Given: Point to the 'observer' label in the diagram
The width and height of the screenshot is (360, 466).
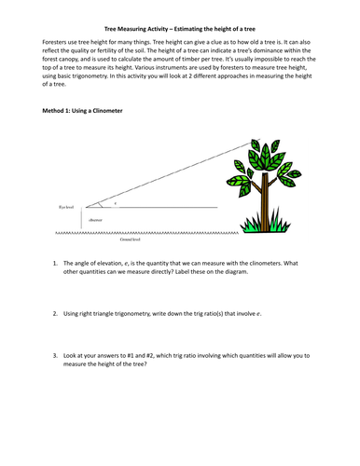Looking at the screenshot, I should point(96,220).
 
